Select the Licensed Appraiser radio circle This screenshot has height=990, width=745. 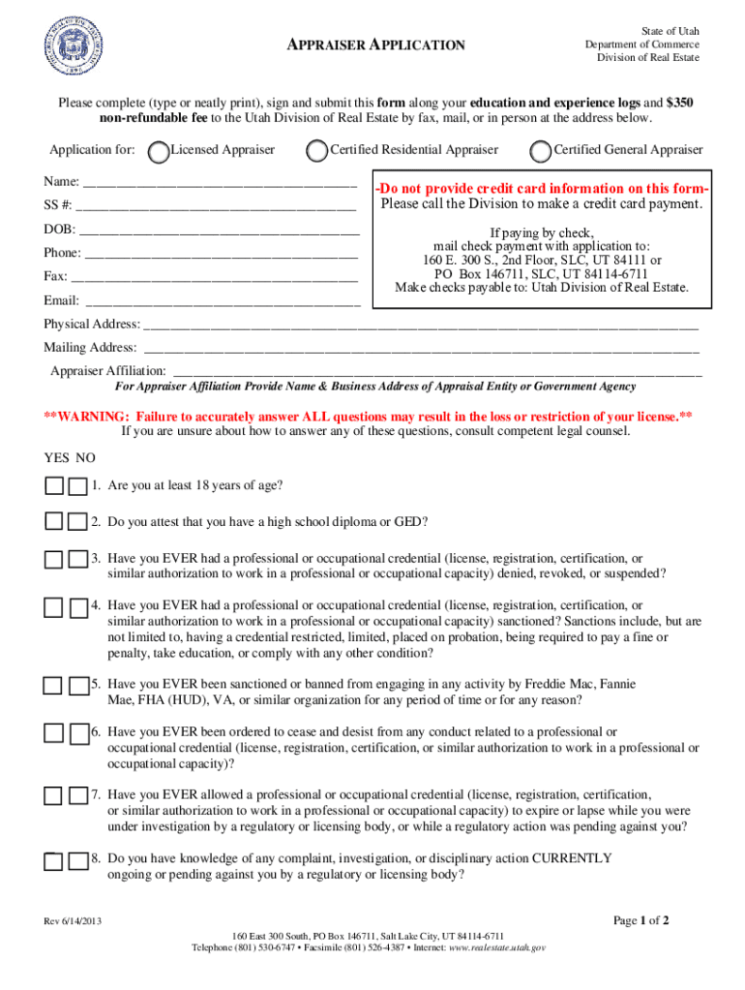click(x=157, y=151)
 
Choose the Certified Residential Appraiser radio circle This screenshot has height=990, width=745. click(x=316, y=151)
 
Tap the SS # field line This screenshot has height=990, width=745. click(x=216, y=207)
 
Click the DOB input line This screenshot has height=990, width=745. click(x=219, y=232)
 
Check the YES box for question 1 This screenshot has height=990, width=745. click(x=54, y=485)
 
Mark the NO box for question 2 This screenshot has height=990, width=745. click(x=77, y=522)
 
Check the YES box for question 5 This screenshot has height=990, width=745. click(x=54, y=685)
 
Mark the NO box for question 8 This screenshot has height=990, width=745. click(x=77, y=860)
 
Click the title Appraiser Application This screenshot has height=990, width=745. click(x=377, y=45)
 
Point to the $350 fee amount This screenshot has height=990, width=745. click(x=679, y=102)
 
